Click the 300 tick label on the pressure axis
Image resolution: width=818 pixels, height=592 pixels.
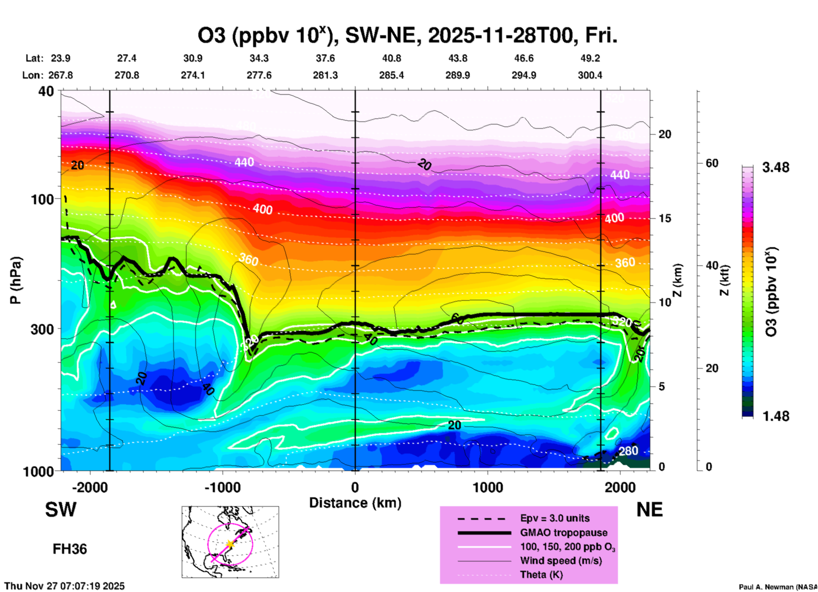click(42, 329)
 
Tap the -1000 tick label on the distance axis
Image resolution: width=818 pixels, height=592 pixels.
click(222, 487)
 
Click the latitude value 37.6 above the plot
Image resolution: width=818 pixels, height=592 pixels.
click(325, 58)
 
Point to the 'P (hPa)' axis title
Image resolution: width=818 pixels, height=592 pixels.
click(16, 280)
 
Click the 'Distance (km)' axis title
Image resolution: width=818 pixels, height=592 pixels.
click(355, 503)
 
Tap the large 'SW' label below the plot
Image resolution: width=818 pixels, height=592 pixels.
click(61, 510)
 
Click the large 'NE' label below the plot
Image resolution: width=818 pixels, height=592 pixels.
click(649, 510)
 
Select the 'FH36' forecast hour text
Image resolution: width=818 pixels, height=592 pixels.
click(70, 549)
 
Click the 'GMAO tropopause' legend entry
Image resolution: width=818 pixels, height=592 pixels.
click(564, 533)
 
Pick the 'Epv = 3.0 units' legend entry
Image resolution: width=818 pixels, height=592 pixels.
click(555, 518)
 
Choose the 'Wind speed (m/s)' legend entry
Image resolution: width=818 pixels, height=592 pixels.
click(561, 561)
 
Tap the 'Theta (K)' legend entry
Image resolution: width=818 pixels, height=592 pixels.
click(541, 575)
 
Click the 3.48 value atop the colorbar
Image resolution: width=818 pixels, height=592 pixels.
click(776, 167)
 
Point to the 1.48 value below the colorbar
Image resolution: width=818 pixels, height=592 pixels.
click(776, 416)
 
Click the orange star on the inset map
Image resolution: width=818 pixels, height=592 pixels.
click(230, 544)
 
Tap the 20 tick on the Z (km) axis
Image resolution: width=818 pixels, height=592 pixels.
click(665, 134)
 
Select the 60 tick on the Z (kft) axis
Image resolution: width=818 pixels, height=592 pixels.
click(712, 163)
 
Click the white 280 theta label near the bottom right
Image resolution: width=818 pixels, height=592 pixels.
click(628, 451)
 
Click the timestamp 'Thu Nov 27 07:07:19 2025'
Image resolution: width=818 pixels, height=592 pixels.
click(65, 586)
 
